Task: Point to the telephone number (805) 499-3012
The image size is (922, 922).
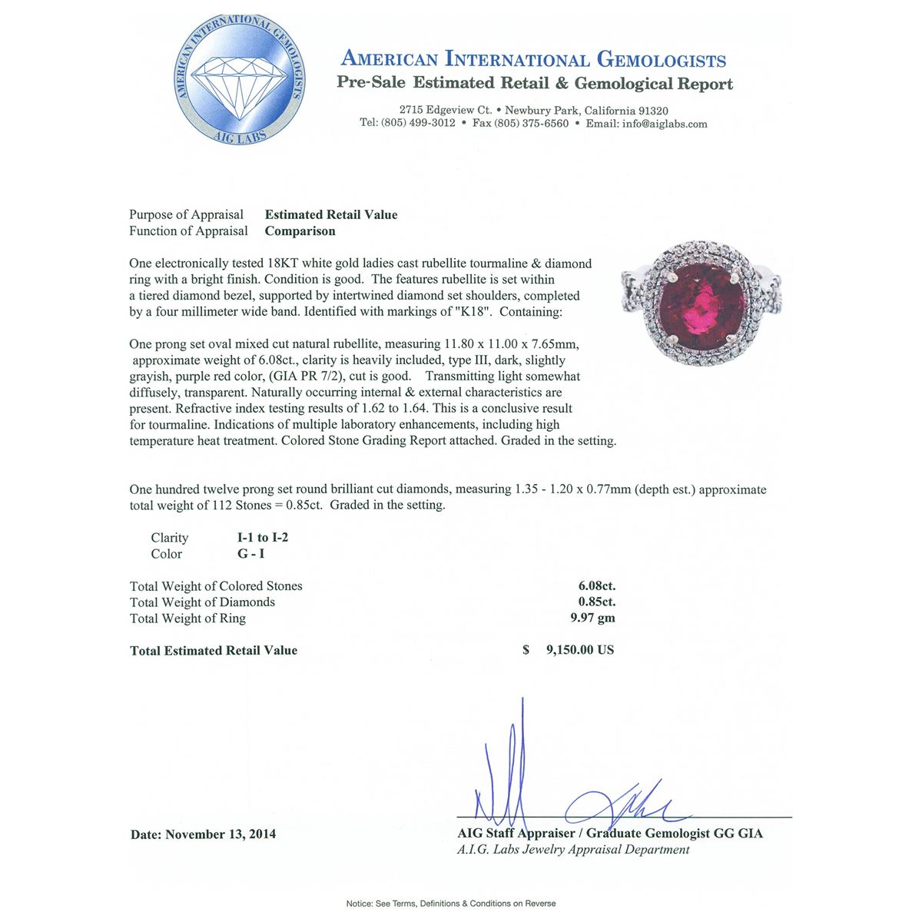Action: point(418,124)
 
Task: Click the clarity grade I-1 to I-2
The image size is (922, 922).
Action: point(263,538)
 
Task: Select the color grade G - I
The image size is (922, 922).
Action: point(251,554)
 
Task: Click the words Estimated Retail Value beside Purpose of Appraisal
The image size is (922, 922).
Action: point(331,215)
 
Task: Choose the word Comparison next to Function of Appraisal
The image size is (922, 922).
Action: point(300,231)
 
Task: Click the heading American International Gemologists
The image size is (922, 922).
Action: point(533,60)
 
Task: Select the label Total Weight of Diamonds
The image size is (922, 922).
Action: point(202,602)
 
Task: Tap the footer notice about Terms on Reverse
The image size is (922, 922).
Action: point(451,904)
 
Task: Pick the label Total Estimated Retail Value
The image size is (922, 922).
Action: point(214,651)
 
